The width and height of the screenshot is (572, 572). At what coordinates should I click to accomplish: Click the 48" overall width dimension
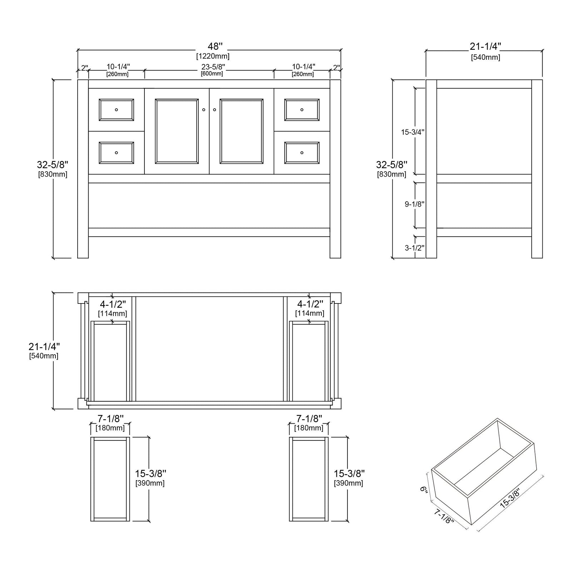tap(216, 46)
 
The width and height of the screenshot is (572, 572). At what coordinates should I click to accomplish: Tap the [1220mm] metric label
tap(213, 56)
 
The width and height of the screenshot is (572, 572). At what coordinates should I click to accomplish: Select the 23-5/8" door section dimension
tap(213, 66)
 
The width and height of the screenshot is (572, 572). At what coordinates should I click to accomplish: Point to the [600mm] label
tap(212, 74)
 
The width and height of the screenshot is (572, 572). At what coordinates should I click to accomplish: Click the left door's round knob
tap(204, 110)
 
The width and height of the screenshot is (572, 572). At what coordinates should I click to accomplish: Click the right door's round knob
tap(214, 110)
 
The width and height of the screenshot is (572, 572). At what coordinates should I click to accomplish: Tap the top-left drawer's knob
tap(116, 110)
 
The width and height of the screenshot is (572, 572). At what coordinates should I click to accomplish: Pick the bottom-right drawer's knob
tap(302, 153)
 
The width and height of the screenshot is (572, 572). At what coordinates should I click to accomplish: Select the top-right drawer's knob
tap(302, 110)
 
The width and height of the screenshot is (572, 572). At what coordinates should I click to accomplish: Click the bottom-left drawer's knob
tap(116, 153)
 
